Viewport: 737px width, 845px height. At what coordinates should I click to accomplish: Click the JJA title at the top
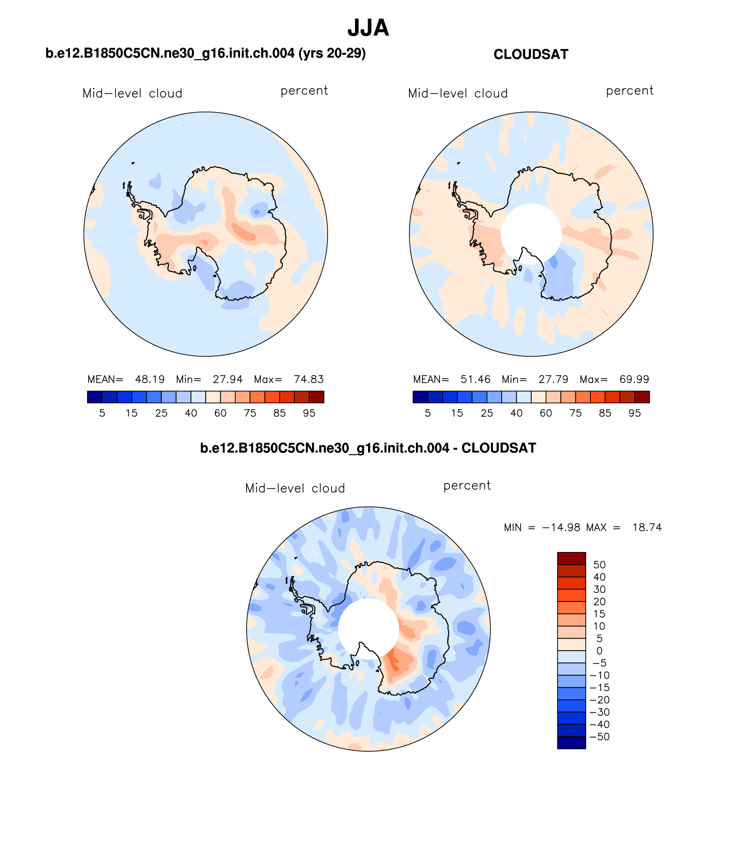(368, 28)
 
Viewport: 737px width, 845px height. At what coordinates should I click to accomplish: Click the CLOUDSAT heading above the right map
(531, 55)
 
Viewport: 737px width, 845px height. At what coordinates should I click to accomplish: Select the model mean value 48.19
(150, 380)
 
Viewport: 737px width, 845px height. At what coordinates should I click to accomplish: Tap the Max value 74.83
(309, 380)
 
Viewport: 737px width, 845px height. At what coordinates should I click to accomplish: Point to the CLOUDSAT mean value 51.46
(475, 380)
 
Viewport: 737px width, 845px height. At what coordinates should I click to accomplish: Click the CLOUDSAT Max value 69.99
(634, 380)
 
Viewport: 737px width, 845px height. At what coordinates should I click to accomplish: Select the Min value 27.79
(553, 380)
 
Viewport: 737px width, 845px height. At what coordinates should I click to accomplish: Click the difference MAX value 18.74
(647, 527)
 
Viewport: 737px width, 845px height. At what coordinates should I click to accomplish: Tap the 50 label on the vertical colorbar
(600, 565)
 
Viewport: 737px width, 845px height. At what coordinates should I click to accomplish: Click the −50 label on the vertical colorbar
(600, 737)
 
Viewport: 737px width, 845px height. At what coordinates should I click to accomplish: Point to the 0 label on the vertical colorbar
(600, 651)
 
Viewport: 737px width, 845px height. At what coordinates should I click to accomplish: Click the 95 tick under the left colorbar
(309, 413)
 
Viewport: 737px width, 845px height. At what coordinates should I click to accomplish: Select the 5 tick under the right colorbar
(428, 413)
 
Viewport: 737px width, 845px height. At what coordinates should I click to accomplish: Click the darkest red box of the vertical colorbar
(571, 558)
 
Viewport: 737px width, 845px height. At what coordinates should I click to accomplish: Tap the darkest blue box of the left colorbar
(94, 397)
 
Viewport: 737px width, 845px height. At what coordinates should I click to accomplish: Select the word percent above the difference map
(467, 486)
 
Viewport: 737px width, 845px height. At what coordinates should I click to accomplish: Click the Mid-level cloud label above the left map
(132, 94)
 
